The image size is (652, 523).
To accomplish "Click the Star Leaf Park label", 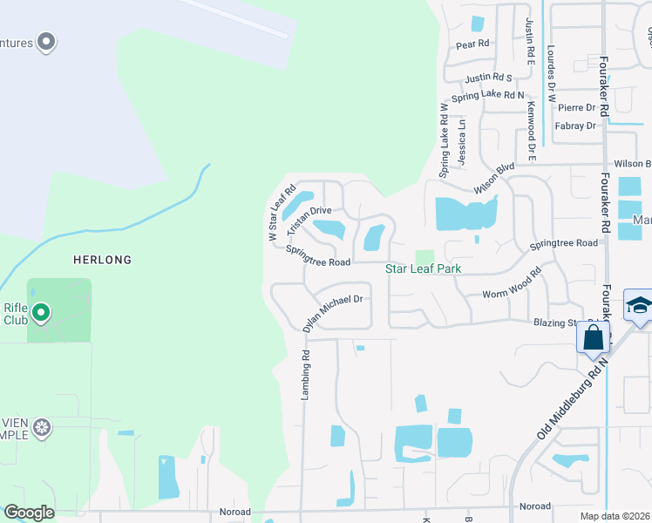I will coord(423,269).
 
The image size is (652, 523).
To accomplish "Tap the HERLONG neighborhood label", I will coord(103,260).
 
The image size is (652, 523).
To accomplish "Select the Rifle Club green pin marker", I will coord(41,312).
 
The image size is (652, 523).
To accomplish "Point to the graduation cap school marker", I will coord(638,306).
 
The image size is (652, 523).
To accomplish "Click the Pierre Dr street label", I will coord(576,108).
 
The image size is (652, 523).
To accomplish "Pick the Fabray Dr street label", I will coord(575,126).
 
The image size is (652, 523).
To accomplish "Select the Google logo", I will coord(29,513).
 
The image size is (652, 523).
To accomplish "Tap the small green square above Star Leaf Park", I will coord(424,256).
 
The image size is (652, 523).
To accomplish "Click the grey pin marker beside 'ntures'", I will coord(47,42).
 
